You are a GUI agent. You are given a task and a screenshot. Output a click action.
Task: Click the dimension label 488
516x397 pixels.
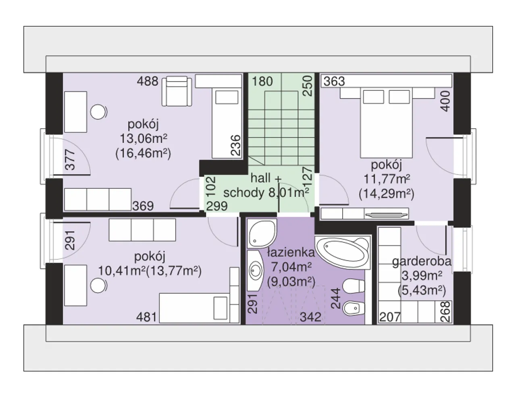[147, 81]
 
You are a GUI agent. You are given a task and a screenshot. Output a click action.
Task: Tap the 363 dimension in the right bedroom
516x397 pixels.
[334, 81]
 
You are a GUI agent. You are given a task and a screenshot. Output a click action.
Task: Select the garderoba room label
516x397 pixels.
[422, 261]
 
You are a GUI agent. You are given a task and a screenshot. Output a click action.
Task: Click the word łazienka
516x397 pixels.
[291, 253]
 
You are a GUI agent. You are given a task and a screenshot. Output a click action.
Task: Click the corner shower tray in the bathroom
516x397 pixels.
[262, 234]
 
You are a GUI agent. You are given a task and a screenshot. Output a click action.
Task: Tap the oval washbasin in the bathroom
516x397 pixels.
[256, 271]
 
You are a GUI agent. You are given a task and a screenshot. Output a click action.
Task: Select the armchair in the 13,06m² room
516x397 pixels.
[177, 91]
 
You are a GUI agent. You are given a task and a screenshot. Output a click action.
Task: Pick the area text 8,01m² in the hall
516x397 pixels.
[289, 193]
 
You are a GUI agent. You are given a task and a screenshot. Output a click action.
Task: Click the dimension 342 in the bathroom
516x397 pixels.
[310, 317]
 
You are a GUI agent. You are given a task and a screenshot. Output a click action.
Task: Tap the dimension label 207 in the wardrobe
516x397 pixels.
[390, 317]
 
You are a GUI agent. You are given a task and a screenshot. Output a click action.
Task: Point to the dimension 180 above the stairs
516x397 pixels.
[262, 81]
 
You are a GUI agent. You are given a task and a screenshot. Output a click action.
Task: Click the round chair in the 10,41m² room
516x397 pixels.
[98, 285]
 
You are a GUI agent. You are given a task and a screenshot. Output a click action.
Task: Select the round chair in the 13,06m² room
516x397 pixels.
[98, 112]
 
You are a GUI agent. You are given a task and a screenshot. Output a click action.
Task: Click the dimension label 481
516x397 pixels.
[146, 317]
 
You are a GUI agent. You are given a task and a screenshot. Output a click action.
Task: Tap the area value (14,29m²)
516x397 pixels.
[386, 194]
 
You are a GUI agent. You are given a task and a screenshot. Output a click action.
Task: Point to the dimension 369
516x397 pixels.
[143, 206]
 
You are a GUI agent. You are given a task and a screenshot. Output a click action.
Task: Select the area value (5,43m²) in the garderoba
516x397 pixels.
[422, 291]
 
